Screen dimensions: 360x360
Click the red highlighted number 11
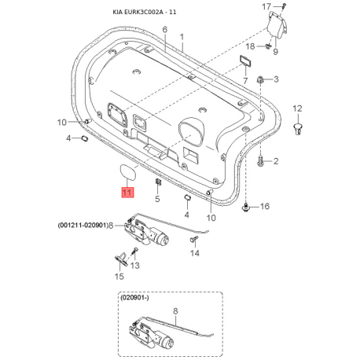(127, 193)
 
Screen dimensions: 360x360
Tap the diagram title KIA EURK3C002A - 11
(145, 12)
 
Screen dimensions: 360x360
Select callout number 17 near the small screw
(266, 6)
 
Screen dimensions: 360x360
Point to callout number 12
(297, 108)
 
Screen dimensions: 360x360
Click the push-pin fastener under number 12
(297, 128)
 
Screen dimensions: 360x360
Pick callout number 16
(265, 206)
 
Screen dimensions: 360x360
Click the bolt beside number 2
(261, 160)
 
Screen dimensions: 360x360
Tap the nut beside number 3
(260, 79)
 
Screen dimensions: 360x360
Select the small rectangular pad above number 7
(246, 61)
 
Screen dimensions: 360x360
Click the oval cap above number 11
(127, 170)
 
